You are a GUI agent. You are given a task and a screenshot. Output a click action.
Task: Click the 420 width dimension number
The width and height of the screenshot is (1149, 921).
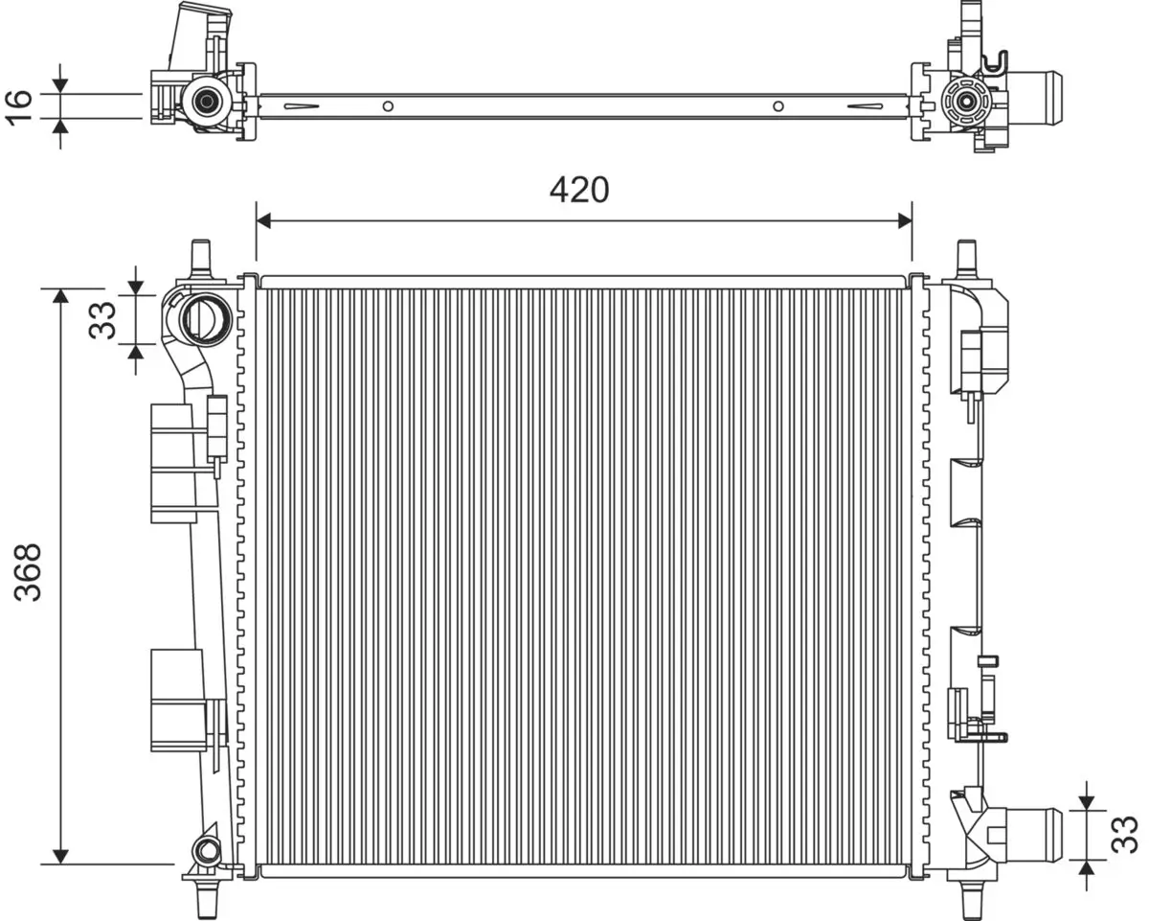[x=578, y=191]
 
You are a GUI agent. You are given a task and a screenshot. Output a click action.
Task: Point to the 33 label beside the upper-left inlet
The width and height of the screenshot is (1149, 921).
[x=102, y=319]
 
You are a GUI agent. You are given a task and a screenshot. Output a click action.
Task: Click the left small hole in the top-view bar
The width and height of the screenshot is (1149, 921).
[x=388, y=106]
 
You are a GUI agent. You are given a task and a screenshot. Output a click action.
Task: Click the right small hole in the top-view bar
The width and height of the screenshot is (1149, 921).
[x=777, y=106]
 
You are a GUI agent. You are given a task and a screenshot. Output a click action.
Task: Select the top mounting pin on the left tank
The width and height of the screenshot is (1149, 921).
[x=201, y=256]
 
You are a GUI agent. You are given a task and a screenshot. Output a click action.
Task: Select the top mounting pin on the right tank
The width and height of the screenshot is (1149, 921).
[x=967, y=257]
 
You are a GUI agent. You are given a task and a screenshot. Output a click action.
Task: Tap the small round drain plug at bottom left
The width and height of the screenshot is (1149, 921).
[x=207, y=849]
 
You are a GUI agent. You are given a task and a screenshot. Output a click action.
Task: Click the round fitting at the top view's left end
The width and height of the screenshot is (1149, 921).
[x=205, y=100]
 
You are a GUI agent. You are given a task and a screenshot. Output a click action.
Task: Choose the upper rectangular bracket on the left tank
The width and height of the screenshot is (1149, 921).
[x=174, y=463]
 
